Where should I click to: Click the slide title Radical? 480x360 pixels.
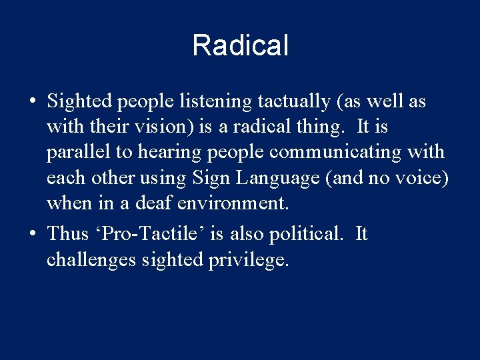(240, 46)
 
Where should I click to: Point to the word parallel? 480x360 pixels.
(79, 153)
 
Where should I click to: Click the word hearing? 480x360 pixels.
(167, 153)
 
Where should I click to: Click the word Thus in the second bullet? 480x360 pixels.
(68, 233)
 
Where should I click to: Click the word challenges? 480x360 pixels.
(91, 259)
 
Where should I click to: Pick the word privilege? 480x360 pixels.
(249, 259)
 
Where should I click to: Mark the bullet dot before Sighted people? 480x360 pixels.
(32, 103)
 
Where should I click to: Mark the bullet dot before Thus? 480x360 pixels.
(32, 235)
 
